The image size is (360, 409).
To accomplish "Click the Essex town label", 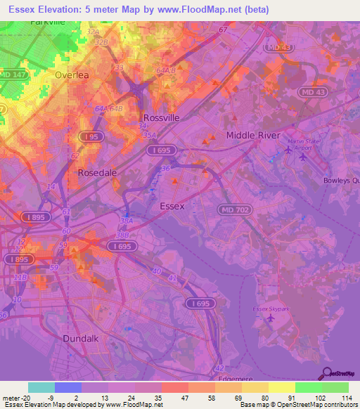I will point(172,206).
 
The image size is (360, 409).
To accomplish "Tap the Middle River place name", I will point(252,135).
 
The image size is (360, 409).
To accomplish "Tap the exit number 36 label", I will point(166,169).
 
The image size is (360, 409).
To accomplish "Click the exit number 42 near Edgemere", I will point(220,367).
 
